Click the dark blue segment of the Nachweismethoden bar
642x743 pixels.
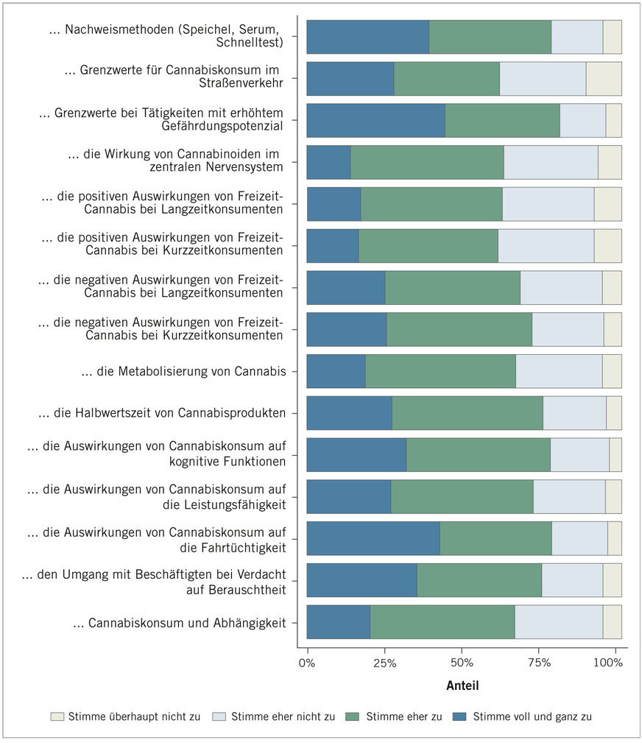coord(367,37)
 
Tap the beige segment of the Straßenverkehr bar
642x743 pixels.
coord(603,79)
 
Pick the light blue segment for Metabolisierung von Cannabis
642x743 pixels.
coord(558,370)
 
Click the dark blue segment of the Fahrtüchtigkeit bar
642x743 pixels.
coord(373,538)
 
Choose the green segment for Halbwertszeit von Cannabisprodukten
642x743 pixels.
coord(467,412)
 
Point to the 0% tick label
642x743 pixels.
coord(307,663)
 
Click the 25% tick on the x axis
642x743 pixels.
coord(384,663)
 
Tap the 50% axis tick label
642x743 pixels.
coord(462,663)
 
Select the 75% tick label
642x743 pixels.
coord(540,663)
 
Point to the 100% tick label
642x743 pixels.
coord(608,663)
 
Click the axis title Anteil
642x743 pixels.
coord(462,686)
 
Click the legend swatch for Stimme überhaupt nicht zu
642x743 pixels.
coord(57,716)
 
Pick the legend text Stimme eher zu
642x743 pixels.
coord(403,716)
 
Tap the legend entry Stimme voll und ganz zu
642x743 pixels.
coord(532,716)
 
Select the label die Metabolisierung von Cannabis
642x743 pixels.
coord(183,371)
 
